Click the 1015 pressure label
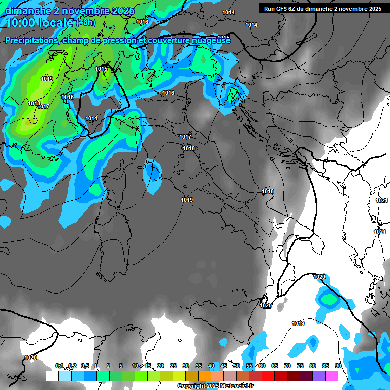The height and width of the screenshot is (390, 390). (x=101, y=69)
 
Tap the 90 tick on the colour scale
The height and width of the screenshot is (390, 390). (x=338, y=366)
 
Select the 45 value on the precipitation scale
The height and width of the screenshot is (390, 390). (x=224, y=366)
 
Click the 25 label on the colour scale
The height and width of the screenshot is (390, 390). (x=173, y=366)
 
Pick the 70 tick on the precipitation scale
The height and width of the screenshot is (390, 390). (x=287, y=366)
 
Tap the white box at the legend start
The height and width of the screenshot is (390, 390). (x=52, y=376)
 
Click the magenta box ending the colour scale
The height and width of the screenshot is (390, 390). (x=332, y=376)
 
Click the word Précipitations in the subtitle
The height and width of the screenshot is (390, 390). (x=31, y=40)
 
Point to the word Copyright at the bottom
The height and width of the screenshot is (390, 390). (x=191, y=386)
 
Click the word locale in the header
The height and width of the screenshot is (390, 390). (x=56, y=23)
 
